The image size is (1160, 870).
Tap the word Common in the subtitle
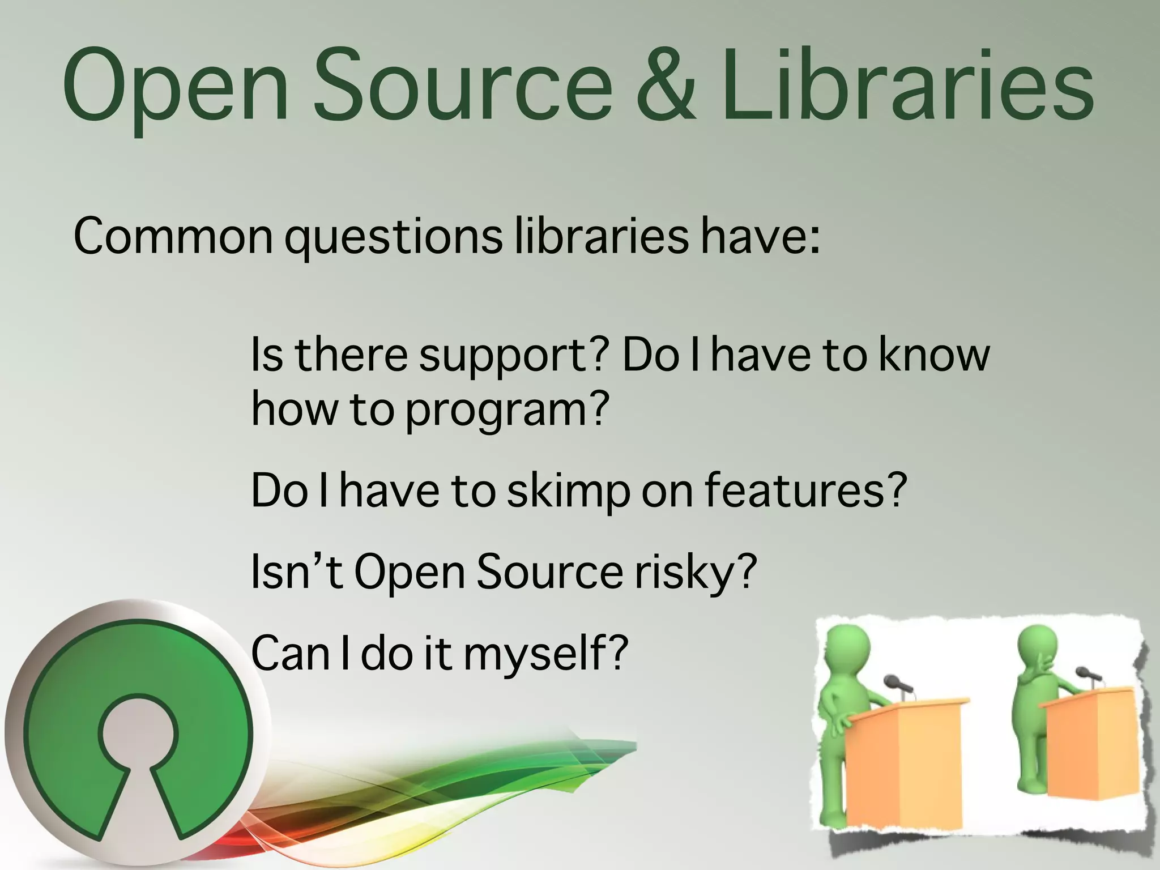click(x=173, y=236)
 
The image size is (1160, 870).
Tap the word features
click(x=804, y=489)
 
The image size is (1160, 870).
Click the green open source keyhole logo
click(x=136, y=731)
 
